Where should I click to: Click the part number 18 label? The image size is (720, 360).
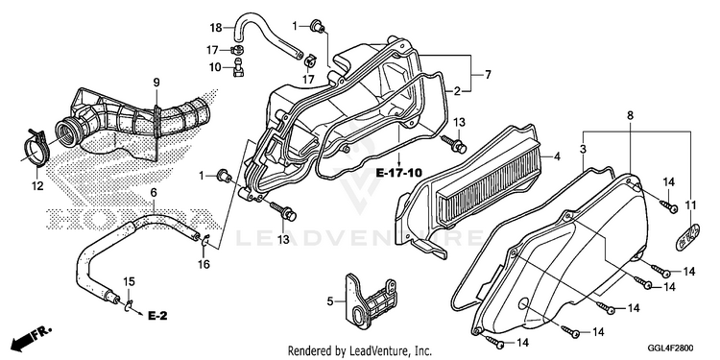coord(216,28)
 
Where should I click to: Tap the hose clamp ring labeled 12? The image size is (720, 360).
coord(35,148)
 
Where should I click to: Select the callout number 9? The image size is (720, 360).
coord(156,84)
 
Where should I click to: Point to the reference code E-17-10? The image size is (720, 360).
coord(398,173)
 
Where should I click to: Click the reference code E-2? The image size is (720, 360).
coord(157,316)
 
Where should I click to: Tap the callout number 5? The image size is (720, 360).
coord(330,301)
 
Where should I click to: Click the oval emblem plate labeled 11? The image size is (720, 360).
coord(687,237)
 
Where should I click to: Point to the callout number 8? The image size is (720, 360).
coord(630,116)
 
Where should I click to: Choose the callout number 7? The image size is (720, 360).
coord(488,74)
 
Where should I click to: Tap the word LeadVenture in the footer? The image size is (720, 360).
coord(376,351)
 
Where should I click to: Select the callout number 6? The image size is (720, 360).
coord(154,193)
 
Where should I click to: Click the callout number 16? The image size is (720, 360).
coord(204,264)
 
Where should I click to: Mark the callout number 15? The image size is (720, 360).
coord(129,281)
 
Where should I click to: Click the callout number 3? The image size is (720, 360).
coord(583,149)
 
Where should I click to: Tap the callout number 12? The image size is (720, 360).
coord(37,186)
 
